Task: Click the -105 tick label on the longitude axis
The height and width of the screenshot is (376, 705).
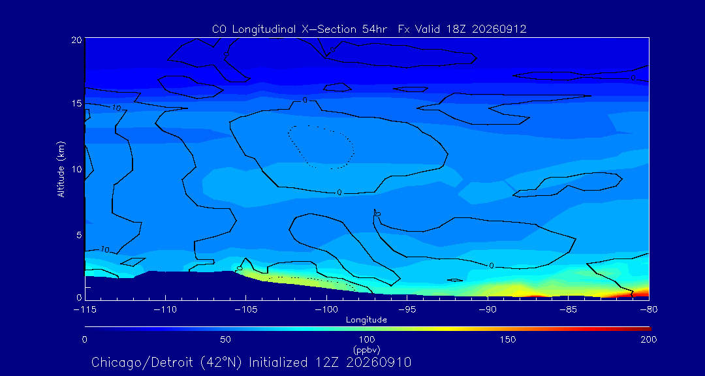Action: click(245, 310)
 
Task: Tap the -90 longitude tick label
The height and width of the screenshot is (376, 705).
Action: click(488, 310)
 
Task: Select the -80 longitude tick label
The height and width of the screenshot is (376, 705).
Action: click(649, 310)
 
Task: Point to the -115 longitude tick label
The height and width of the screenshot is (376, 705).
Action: click(84, 310)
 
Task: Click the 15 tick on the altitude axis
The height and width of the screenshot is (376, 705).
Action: click(77, 103)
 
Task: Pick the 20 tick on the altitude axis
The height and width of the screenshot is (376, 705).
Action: click(76, 40)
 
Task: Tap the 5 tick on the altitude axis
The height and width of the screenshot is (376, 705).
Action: click(79, 235)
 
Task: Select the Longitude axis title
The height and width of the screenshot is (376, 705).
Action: click(366, 321)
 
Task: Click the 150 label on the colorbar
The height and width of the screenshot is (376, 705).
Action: click(508, 339)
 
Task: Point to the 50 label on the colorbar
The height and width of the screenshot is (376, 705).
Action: click(226, 339)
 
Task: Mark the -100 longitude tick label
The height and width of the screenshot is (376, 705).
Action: click(326, 310)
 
